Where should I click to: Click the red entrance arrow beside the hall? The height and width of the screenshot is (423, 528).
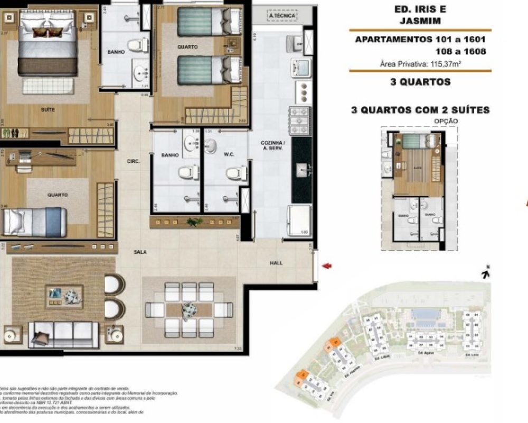pyautogui.click(x=327, y=266)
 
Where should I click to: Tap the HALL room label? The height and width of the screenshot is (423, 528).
pyautogui.click(x=276, y=263)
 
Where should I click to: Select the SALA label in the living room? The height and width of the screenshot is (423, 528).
pyautogui.click(x=140, y=252)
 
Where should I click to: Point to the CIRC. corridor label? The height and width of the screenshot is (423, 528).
pyautogui.click(x=133, y=162)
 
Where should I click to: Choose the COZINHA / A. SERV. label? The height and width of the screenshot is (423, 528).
pyautogui.click(x=273, y=146)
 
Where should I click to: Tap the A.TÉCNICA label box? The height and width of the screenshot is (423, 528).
pyautogui.click(x=281, y=16)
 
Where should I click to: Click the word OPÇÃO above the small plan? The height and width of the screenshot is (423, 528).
pyautogui.click(x=446, y=121)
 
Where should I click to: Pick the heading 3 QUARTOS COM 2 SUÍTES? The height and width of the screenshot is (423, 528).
pyautogui.click(x=420, y=110)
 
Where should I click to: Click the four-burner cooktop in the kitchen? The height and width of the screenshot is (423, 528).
pyautogui.click(x=299, y=121)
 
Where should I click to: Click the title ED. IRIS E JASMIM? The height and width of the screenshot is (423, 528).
pyautogui.click(x=420, y=15)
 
